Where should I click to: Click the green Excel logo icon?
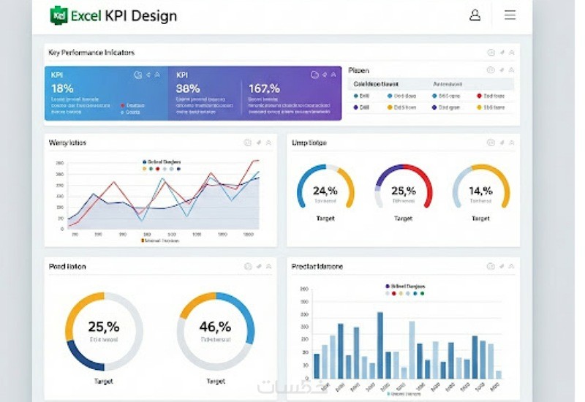58,15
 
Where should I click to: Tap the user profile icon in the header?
475,15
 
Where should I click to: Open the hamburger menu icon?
510,15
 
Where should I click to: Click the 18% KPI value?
62,88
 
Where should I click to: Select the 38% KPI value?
188,88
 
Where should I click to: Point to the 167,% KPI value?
265,88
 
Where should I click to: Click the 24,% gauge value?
325,191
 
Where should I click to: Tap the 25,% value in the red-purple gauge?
403,191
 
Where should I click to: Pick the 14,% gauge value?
480,191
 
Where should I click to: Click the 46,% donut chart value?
215,327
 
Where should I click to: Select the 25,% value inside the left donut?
103,327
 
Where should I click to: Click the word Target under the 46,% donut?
215,382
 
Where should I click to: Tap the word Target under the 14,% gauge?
480,219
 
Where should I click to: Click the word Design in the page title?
154,15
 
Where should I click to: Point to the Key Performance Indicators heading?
91,53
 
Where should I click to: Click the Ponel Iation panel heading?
67,267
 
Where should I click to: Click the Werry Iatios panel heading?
67,143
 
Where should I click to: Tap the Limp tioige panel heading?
309,143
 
